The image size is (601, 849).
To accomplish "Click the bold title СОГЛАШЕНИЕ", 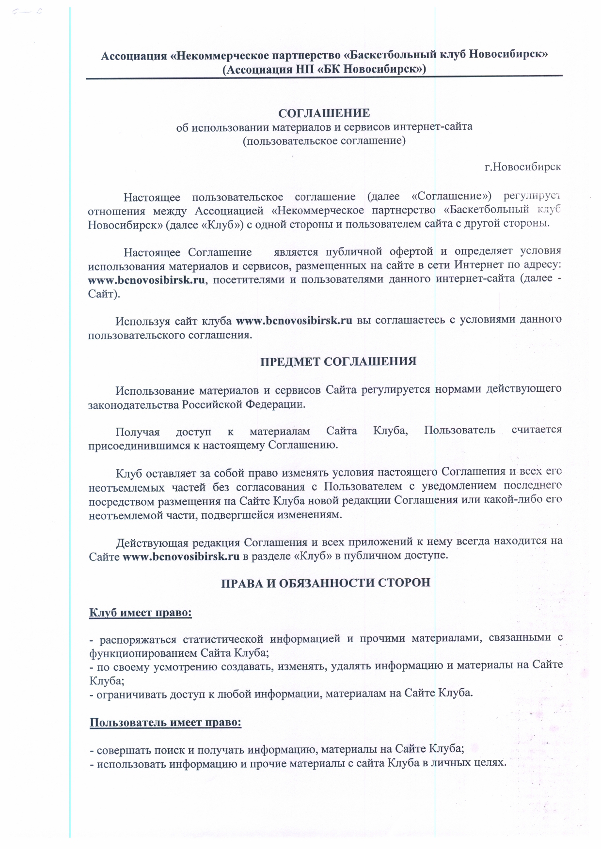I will (x=324, y=113).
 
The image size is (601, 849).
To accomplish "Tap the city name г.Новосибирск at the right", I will (x=522, y=167).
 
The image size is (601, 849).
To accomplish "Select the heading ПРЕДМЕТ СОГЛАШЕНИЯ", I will (x=338, y=362).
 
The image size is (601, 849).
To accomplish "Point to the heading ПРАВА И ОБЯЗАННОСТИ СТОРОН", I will (x=326, y=583).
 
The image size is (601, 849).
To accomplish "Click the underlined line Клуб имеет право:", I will (x=141, y=613).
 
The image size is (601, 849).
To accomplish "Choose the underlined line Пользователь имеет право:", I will (x=165, y=723).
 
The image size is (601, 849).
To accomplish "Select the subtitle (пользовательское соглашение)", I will (x=324, y=141).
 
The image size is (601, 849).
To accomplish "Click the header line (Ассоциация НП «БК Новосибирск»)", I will (x=324, y=70).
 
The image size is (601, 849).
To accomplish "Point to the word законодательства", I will (x=133, y=404).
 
